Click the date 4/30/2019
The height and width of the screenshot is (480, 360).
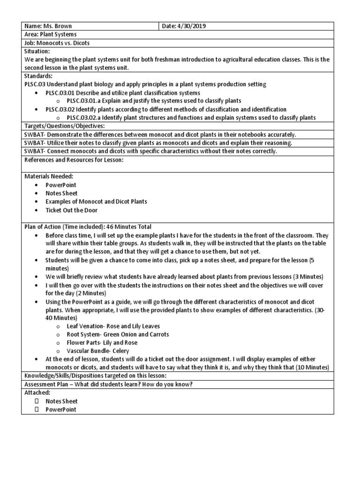(x=193, y=26)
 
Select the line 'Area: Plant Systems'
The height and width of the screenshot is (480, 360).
(x=51, y=35)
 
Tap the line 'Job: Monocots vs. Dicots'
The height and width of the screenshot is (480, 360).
(x=57, y=43)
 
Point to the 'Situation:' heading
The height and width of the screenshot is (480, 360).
(x=37, y=51)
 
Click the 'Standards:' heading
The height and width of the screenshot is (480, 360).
(x=38, y=75)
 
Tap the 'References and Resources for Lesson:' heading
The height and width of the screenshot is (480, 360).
(x=74, y=160)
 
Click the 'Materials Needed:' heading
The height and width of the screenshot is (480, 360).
(x=49, y=176)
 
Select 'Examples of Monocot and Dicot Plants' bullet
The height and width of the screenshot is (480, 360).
(x=96, y=202)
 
